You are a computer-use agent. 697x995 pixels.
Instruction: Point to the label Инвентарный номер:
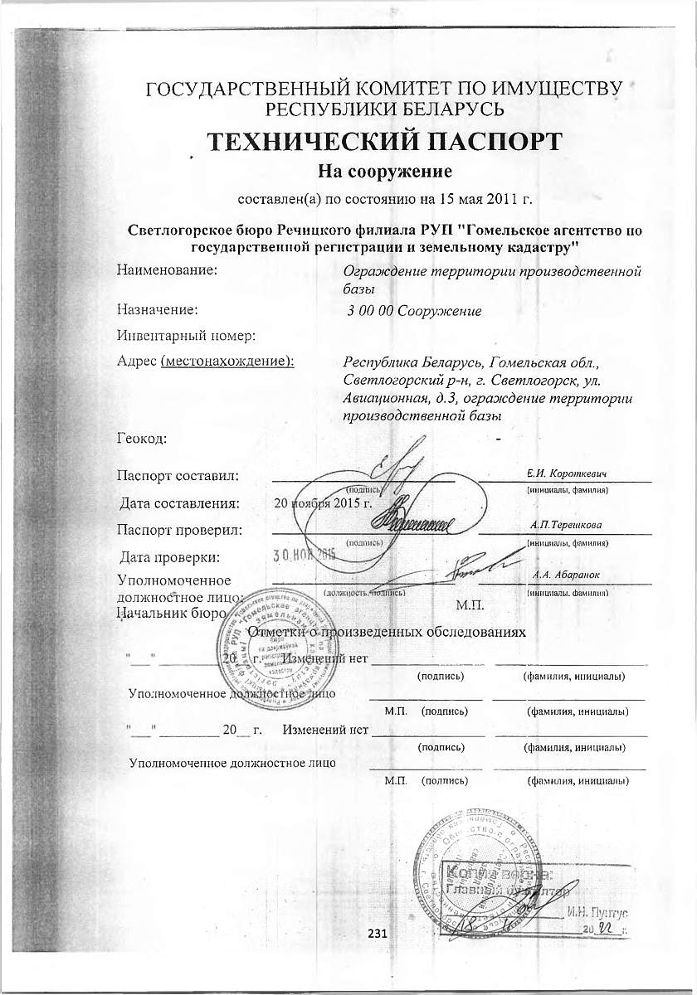(185, 335)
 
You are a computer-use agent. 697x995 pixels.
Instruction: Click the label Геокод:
(142, 438)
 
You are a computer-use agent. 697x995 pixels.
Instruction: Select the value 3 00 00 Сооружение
(414, 311)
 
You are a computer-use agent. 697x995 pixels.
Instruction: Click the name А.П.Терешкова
(568, 525)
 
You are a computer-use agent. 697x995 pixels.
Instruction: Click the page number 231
(378, 934)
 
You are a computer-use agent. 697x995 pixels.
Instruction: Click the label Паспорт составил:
(178, 476)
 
